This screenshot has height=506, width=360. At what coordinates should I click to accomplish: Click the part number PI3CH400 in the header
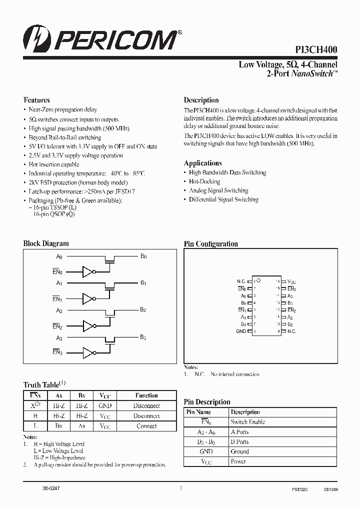click(x=315, y=49)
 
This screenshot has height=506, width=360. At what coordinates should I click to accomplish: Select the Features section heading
click(x=36, y=100)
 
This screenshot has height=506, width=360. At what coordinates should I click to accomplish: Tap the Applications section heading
click(x=202, y=163)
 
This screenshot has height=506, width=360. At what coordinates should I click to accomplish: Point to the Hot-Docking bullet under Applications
click(x=204, y=181)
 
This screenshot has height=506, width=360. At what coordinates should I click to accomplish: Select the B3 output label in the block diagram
click(x=143, y=337)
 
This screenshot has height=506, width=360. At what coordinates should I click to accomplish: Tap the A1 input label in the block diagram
click(x=59, y=283)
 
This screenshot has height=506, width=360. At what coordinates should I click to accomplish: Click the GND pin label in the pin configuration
click(x=241, y=331)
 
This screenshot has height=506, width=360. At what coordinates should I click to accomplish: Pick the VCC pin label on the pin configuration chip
click(x=292, y=281)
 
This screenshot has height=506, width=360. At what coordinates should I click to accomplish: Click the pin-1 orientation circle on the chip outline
click(x=258, y=281)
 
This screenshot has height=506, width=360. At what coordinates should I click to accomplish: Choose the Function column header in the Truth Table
click(x=146, y=395)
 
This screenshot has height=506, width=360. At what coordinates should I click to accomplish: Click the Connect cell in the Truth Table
click(x=146, y=426)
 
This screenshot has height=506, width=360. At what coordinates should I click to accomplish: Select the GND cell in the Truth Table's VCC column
click(x=105, y=406)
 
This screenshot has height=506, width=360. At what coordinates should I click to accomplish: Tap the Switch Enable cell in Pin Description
click(x=248, y=422)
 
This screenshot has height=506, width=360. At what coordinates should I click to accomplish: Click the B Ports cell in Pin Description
click(x=239, y=442)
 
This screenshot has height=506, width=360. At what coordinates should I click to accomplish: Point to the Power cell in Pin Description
click(x=238, y=462)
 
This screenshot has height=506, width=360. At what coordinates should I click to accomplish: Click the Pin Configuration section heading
click(x=210, y=244)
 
